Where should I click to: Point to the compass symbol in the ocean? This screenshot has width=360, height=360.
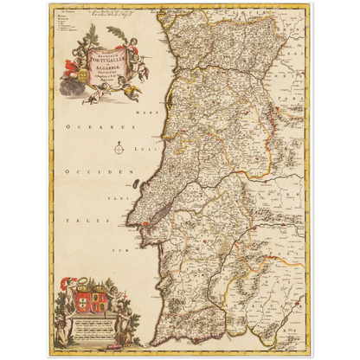(x=119, y=148)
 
